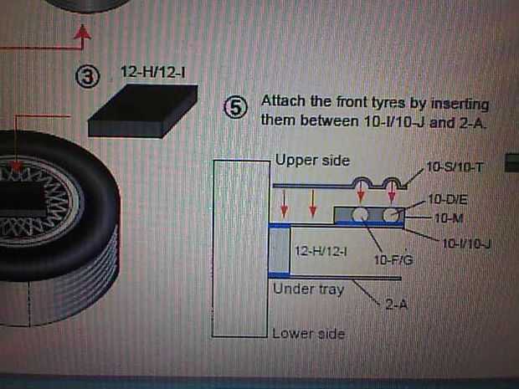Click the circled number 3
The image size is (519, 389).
(x=87, y=76)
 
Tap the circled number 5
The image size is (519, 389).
(x=235, y=108)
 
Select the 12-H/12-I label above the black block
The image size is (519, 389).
(x=153, y=72)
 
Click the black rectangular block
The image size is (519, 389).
(x=143, y=110)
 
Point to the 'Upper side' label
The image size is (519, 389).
(x=312, y=161)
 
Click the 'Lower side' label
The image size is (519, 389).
(x=309, y=334)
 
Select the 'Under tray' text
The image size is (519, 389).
(x=309, y=289)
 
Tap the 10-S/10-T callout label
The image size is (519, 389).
(x=455, y=167)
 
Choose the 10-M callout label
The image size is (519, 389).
(x=449, y=218)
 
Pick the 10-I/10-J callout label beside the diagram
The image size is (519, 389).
(x=466, y=243)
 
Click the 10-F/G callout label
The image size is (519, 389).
(x=393, y=260)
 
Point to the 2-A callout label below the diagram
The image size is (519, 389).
(x=396, y=304)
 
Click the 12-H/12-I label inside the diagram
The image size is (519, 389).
(x=321, y=252)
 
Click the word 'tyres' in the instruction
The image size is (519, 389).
(x=388, y=103)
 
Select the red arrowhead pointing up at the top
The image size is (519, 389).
(x=82, y=33)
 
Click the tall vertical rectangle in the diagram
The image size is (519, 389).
(x=241, y=248)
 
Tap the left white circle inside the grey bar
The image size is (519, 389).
(x=359, y=215)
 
